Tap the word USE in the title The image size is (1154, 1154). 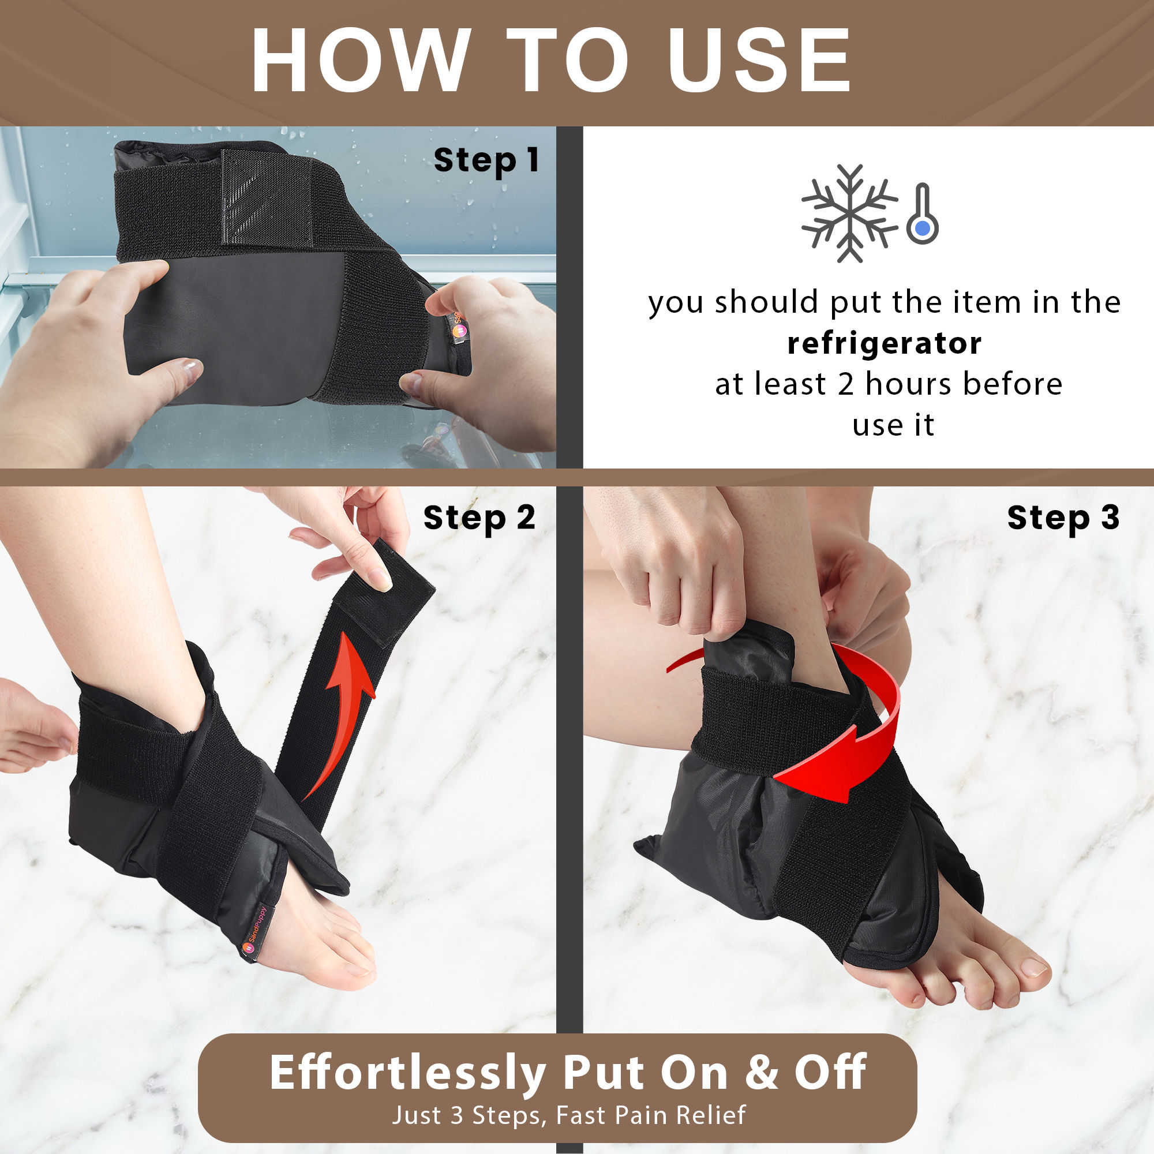[x=759, y=60]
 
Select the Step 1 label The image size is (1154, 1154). [x=486, y=160]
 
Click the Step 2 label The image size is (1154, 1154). [x=479, y=517]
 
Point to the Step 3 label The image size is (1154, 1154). [x=1063, y=517]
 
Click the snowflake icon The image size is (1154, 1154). [x=849, y=213]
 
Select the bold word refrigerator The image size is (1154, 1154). [x=884, y=343]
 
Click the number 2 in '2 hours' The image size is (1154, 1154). [x=845, y=384]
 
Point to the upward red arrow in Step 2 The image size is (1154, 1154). [x=343, y=711]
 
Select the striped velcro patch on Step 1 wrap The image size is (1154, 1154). [x=254, y=197]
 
